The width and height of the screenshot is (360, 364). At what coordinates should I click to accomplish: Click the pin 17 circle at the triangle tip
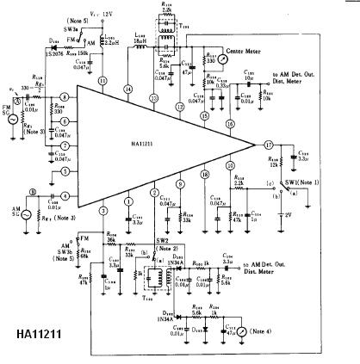[x=268, y=145]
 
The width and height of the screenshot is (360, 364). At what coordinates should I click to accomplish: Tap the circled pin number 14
[x=127, y=89]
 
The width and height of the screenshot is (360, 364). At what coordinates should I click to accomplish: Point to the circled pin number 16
[x=229, y=123]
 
